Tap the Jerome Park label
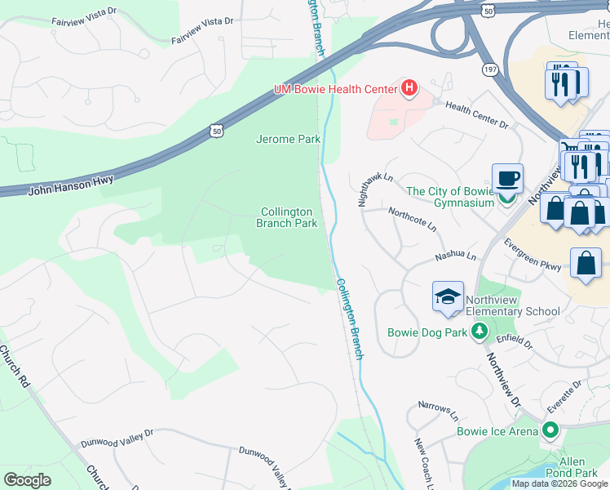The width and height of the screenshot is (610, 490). [289, 139]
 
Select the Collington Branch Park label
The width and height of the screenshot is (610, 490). [287, 217]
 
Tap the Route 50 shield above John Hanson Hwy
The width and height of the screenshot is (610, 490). [214, 131]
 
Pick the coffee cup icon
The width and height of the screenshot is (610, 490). [507, 178]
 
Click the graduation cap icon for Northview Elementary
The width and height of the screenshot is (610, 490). [448, 297]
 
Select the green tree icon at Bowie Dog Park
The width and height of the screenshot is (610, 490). [480, 332]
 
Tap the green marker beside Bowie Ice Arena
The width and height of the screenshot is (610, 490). [550, 430]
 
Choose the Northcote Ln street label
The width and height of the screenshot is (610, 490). [412, 216]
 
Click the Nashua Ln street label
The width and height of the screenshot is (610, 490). [455, 256]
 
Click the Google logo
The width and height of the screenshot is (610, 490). [27, 480]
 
